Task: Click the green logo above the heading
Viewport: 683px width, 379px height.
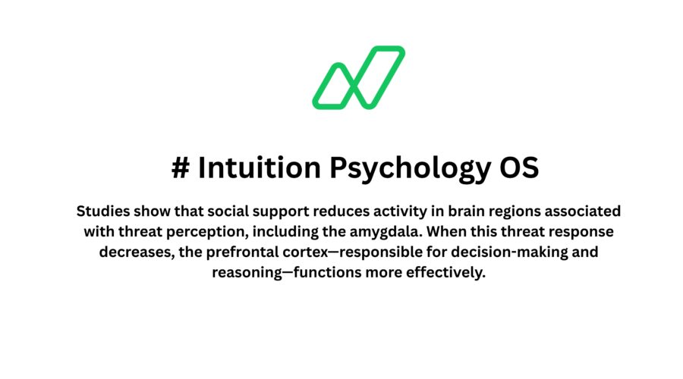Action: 358,77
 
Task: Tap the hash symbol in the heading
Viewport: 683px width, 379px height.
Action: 180,168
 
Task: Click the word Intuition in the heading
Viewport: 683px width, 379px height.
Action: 259,168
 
